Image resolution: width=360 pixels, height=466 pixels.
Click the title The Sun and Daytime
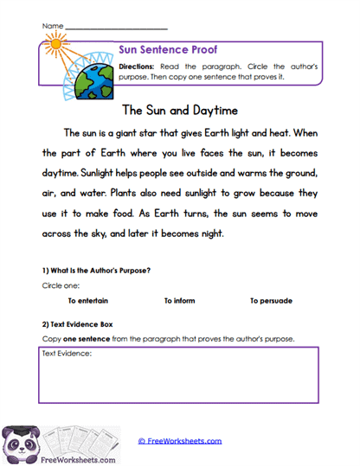[x=180, y=111]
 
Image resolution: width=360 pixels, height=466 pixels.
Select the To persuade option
[x=271, y=301]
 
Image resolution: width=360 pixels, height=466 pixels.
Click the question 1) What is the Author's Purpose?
[x=96, y=270]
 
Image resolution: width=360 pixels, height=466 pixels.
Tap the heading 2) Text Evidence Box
[x=84, y=323]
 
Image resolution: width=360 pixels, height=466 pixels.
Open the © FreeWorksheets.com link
[x=180, y=441]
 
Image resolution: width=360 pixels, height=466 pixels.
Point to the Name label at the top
[x=52, y=27]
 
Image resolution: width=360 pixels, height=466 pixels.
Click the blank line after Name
[x=116, y=29]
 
